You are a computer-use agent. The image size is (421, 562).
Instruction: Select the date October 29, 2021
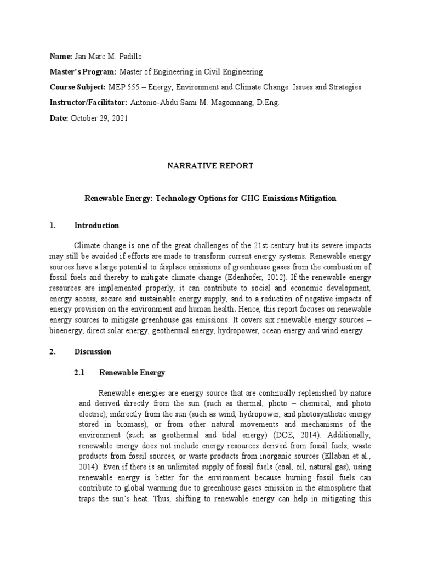(100, 118)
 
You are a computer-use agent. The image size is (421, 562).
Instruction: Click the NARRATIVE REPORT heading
(210, 166)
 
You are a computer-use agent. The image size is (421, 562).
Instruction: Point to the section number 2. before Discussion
(53, 351)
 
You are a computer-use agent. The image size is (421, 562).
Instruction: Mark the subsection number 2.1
(79, 373)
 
